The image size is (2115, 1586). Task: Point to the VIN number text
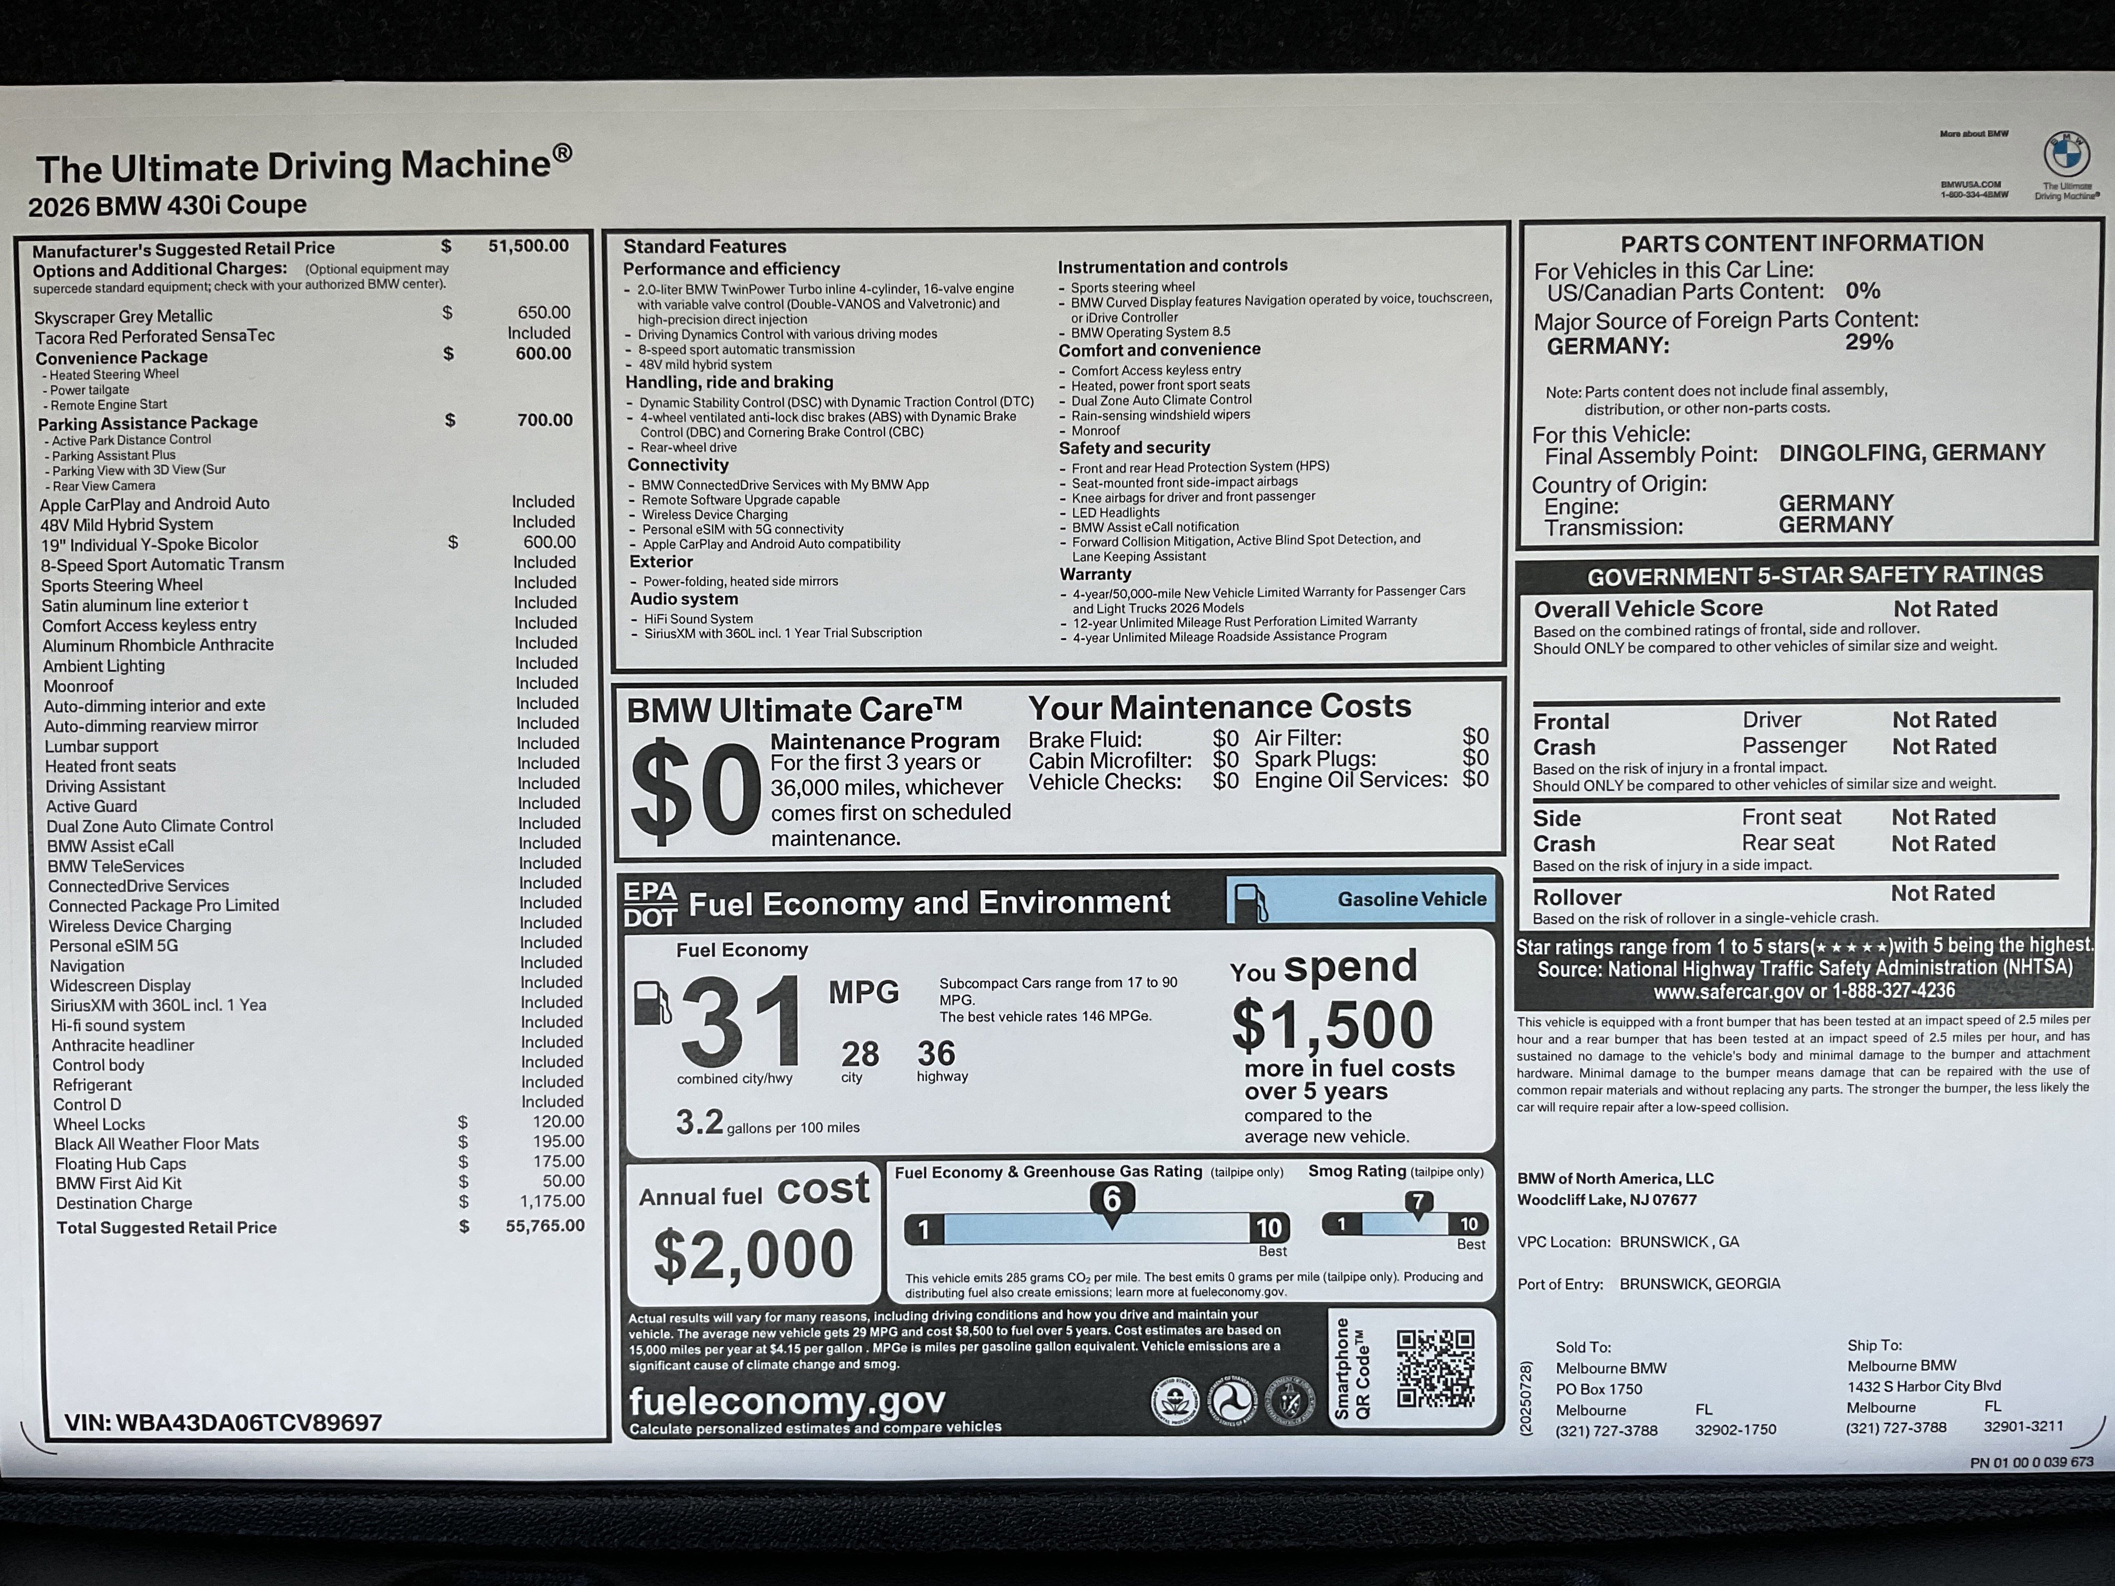[x=223, y=1422]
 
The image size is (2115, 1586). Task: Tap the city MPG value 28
[x=860, y=1054]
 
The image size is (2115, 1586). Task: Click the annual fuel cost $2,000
[x=753, y=1253]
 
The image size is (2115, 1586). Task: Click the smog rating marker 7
[x=1418, y=1202]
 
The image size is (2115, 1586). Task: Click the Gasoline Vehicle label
[x=1411, y=899]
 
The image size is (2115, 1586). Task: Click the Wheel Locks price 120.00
[x=558, y=1121]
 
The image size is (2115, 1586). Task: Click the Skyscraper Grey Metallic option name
[x=123, y=316]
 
